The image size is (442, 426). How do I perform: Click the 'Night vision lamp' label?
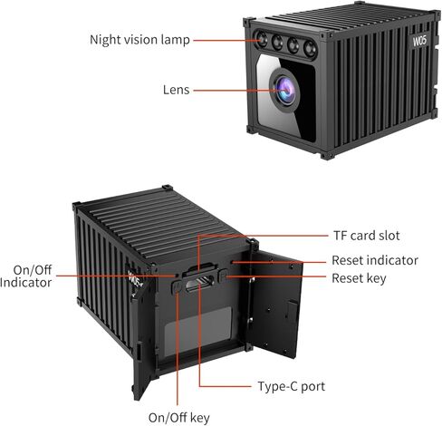[139, 40]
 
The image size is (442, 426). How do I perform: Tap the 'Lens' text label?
[177, 90]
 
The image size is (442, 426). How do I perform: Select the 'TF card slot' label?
[366, 236]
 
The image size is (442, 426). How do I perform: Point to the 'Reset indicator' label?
[375, 260]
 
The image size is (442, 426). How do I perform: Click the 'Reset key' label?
[359, 278]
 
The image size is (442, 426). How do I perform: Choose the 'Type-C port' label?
[292, 386]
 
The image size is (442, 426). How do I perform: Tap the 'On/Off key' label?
[179, 418]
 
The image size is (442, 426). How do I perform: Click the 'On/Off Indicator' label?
[26, 276]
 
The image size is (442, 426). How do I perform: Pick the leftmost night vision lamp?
[262, 40]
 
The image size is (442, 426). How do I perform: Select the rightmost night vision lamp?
[310, 48]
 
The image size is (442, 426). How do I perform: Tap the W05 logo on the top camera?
[419, 40]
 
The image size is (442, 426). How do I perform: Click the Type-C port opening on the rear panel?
[199, 284]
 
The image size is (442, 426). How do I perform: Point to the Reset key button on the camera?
[223, 276]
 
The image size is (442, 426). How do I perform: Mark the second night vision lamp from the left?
[277, 43]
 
